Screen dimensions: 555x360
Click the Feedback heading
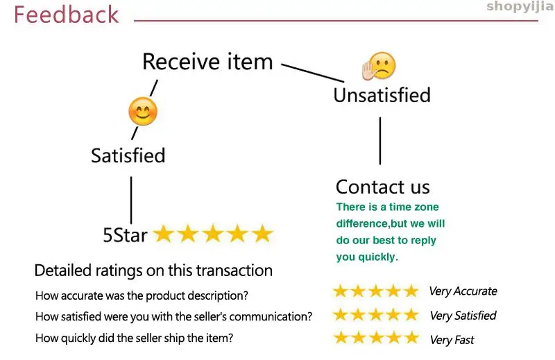[66, 15]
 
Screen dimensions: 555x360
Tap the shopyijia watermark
[520, 7]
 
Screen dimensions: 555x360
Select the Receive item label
[207, 62]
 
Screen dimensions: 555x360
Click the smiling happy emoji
[143, 111]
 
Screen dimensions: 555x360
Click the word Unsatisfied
[382, 95]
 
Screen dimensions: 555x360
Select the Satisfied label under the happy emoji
[128, 155]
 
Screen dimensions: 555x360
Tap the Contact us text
[382, 187]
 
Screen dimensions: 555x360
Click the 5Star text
[125, 235]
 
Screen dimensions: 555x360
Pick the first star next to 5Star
[163, 234]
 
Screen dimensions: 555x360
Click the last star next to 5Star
[262, 234]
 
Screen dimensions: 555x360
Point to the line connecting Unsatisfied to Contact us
[380, 140]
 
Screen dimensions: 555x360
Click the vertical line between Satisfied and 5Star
[131, 200]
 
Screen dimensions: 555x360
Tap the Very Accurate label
[463, 291]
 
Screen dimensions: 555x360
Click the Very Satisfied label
[463, 316]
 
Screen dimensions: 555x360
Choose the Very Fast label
[452, 340]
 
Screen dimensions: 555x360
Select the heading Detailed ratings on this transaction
[153, 271]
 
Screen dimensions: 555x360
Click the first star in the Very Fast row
[341, 338]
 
